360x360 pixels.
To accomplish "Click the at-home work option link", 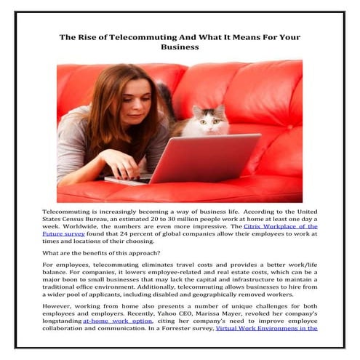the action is point(118,319).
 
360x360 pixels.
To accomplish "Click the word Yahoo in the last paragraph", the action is point(137,311).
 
